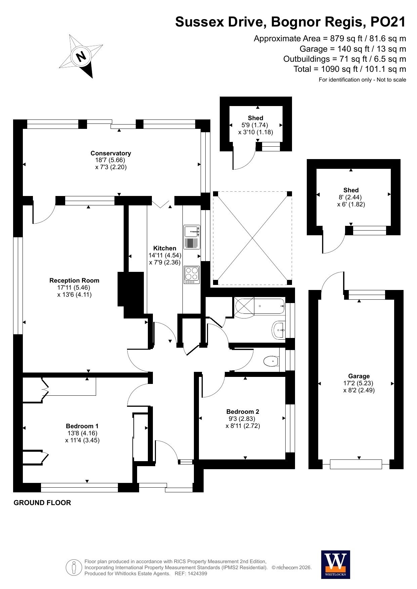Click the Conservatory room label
[111, 153]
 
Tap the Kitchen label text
[165, 248]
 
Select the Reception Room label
[74, 281]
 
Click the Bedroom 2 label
[243, 412]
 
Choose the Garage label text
[359, 376]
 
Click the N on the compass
[81, 56]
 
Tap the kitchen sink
[192, 237]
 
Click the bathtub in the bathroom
[260, 306]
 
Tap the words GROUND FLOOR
[42, 503]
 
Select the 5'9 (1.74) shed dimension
[255, 125]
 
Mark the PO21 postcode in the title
[388, 22]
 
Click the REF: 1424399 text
[191, 574]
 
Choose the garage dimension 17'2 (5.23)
[358, 383]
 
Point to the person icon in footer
[74, 568]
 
